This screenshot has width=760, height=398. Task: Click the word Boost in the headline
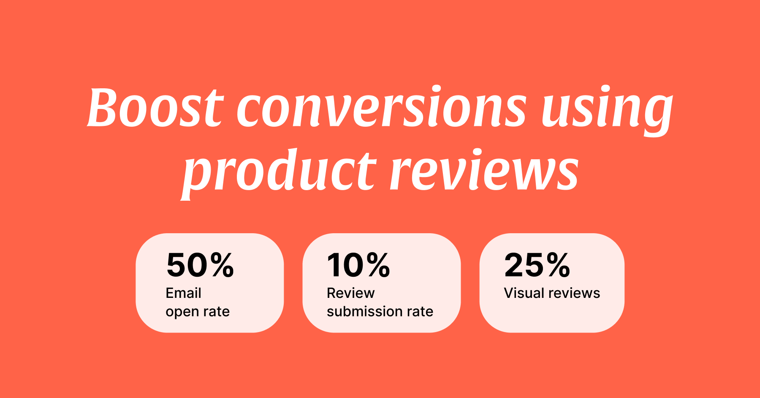(155, 107)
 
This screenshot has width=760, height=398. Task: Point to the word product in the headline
(279, 173)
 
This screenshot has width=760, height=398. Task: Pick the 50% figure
(200, 265)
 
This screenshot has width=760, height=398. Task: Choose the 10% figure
(358, 265)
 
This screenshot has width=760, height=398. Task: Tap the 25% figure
(537, 265)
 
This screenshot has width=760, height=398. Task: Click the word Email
(183, 293)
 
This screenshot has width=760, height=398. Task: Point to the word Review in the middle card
(350, 293)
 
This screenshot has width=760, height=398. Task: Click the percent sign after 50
(222, 265)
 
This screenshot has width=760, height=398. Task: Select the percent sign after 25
(558, 265)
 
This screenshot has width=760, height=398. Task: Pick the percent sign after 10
(378, 265)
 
